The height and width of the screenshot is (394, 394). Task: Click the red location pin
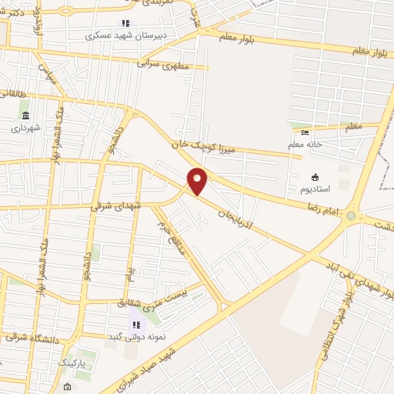pyautogui.click(x=198, y=181)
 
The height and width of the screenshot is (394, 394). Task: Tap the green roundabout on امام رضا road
pyautogui.click(x=352, y=216)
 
